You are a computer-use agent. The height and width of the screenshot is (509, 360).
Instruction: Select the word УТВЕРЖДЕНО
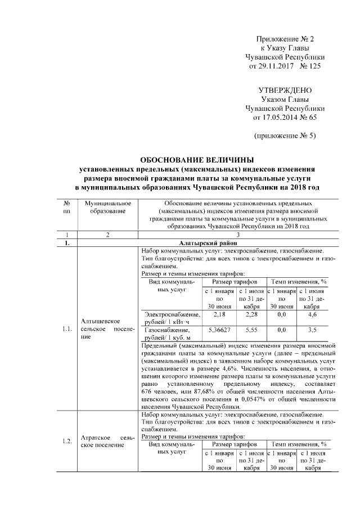[285, 91]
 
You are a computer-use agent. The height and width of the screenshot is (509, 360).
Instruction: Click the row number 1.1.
[67, 330]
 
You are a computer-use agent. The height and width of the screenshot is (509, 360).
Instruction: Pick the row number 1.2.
[67, 441]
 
